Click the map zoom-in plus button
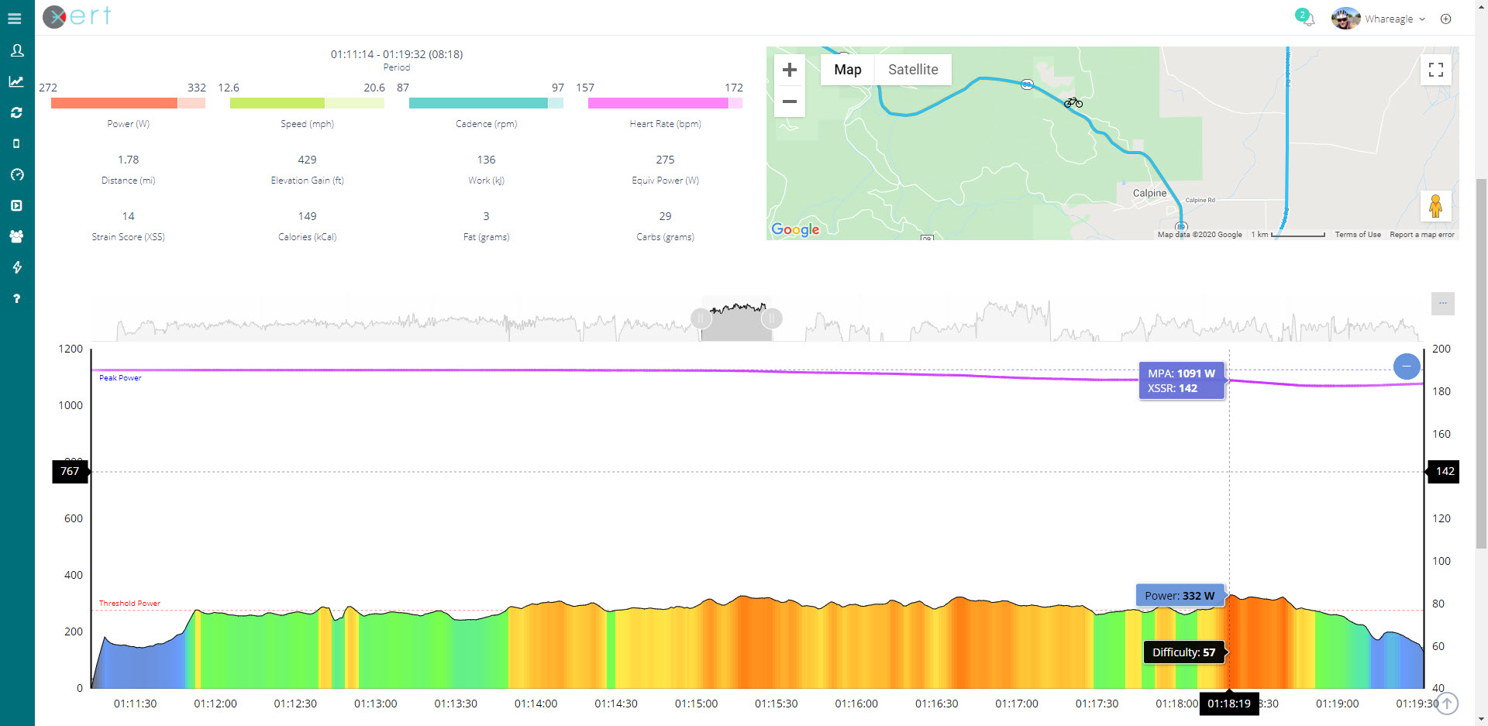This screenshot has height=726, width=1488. [x=789, y=70]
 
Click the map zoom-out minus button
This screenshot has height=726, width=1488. [x=789, y=102]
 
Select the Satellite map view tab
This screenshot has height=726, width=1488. [x=912, y=70]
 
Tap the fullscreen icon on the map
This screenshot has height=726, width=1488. [x=1435, y=70]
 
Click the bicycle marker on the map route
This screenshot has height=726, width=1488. [x=1073, y=102]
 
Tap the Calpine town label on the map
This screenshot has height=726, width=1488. [x=1149, y=193]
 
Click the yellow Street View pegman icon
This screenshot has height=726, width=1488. [x=1435, y=206]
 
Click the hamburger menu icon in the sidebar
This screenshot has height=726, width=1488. [x=15, y=19]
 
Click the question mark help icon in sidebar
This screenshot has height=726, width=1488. [x=16, y=298]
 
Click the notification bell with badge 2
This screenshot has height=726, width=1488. [x=1306, y=18]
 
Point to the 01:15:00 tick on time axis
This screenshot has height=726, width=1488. [x=696, y=704]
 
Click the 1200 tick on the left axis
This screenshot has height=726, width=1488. [x=71, y=349]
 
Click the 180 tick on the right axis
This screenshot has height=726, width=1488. [x=1441, y=391]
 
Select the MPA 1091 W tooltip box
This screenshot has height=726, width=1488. [x=1181, y=380]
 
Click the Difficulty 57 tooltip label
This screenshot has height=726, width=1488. [x=1183, y=652]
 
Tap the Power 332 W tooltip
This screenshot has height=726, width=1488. [x=1180, y=596]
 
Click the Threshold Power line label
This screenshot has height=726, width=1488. [x=129, y=603]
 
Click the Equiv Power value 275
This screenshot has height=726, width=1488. [x=665, y=160]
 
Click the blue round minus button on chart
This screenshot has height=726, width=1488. [x=1406, y=366]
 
